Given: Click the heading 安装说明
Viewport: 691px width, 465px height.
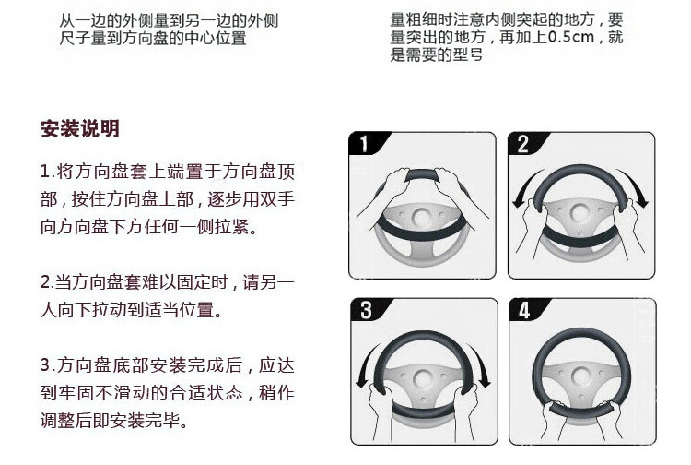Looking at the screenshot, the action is pos(80,129).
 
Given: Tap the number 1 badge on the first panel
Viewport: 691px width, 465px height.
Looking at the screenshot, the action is pos(364,144).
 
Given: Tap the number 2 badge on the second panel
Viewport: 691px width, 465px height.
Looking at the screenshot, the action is pos(523,144).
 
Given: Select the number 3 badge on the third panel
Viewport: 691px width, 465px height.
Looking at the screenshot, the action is pos(366,310).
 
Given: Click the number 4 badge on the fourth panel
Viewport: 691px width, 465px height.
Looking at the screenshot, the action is pos(524,310).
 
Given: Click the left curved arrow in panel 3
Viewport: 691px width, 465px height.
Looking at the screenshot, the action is pos(365,364).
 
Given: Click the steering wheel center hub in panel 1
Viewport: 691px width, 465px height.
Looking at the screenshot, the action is pos(422,218).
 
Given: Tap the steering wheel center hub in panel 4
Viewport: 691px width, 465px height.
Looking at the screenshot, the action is pos(581,376).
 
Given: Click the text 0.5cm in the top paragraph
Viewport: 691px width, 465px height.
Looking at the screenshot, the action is pos(571,37).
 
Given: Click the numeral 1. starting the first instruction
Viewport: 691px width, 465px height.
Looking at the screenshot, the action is pos(47,172).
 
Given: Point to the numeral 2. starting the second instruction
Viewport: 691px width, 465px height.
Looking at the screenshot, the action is pos(47,282).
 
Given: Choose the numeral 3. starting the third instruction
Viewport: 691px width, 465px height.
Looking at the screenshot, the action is pos(47,365).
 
